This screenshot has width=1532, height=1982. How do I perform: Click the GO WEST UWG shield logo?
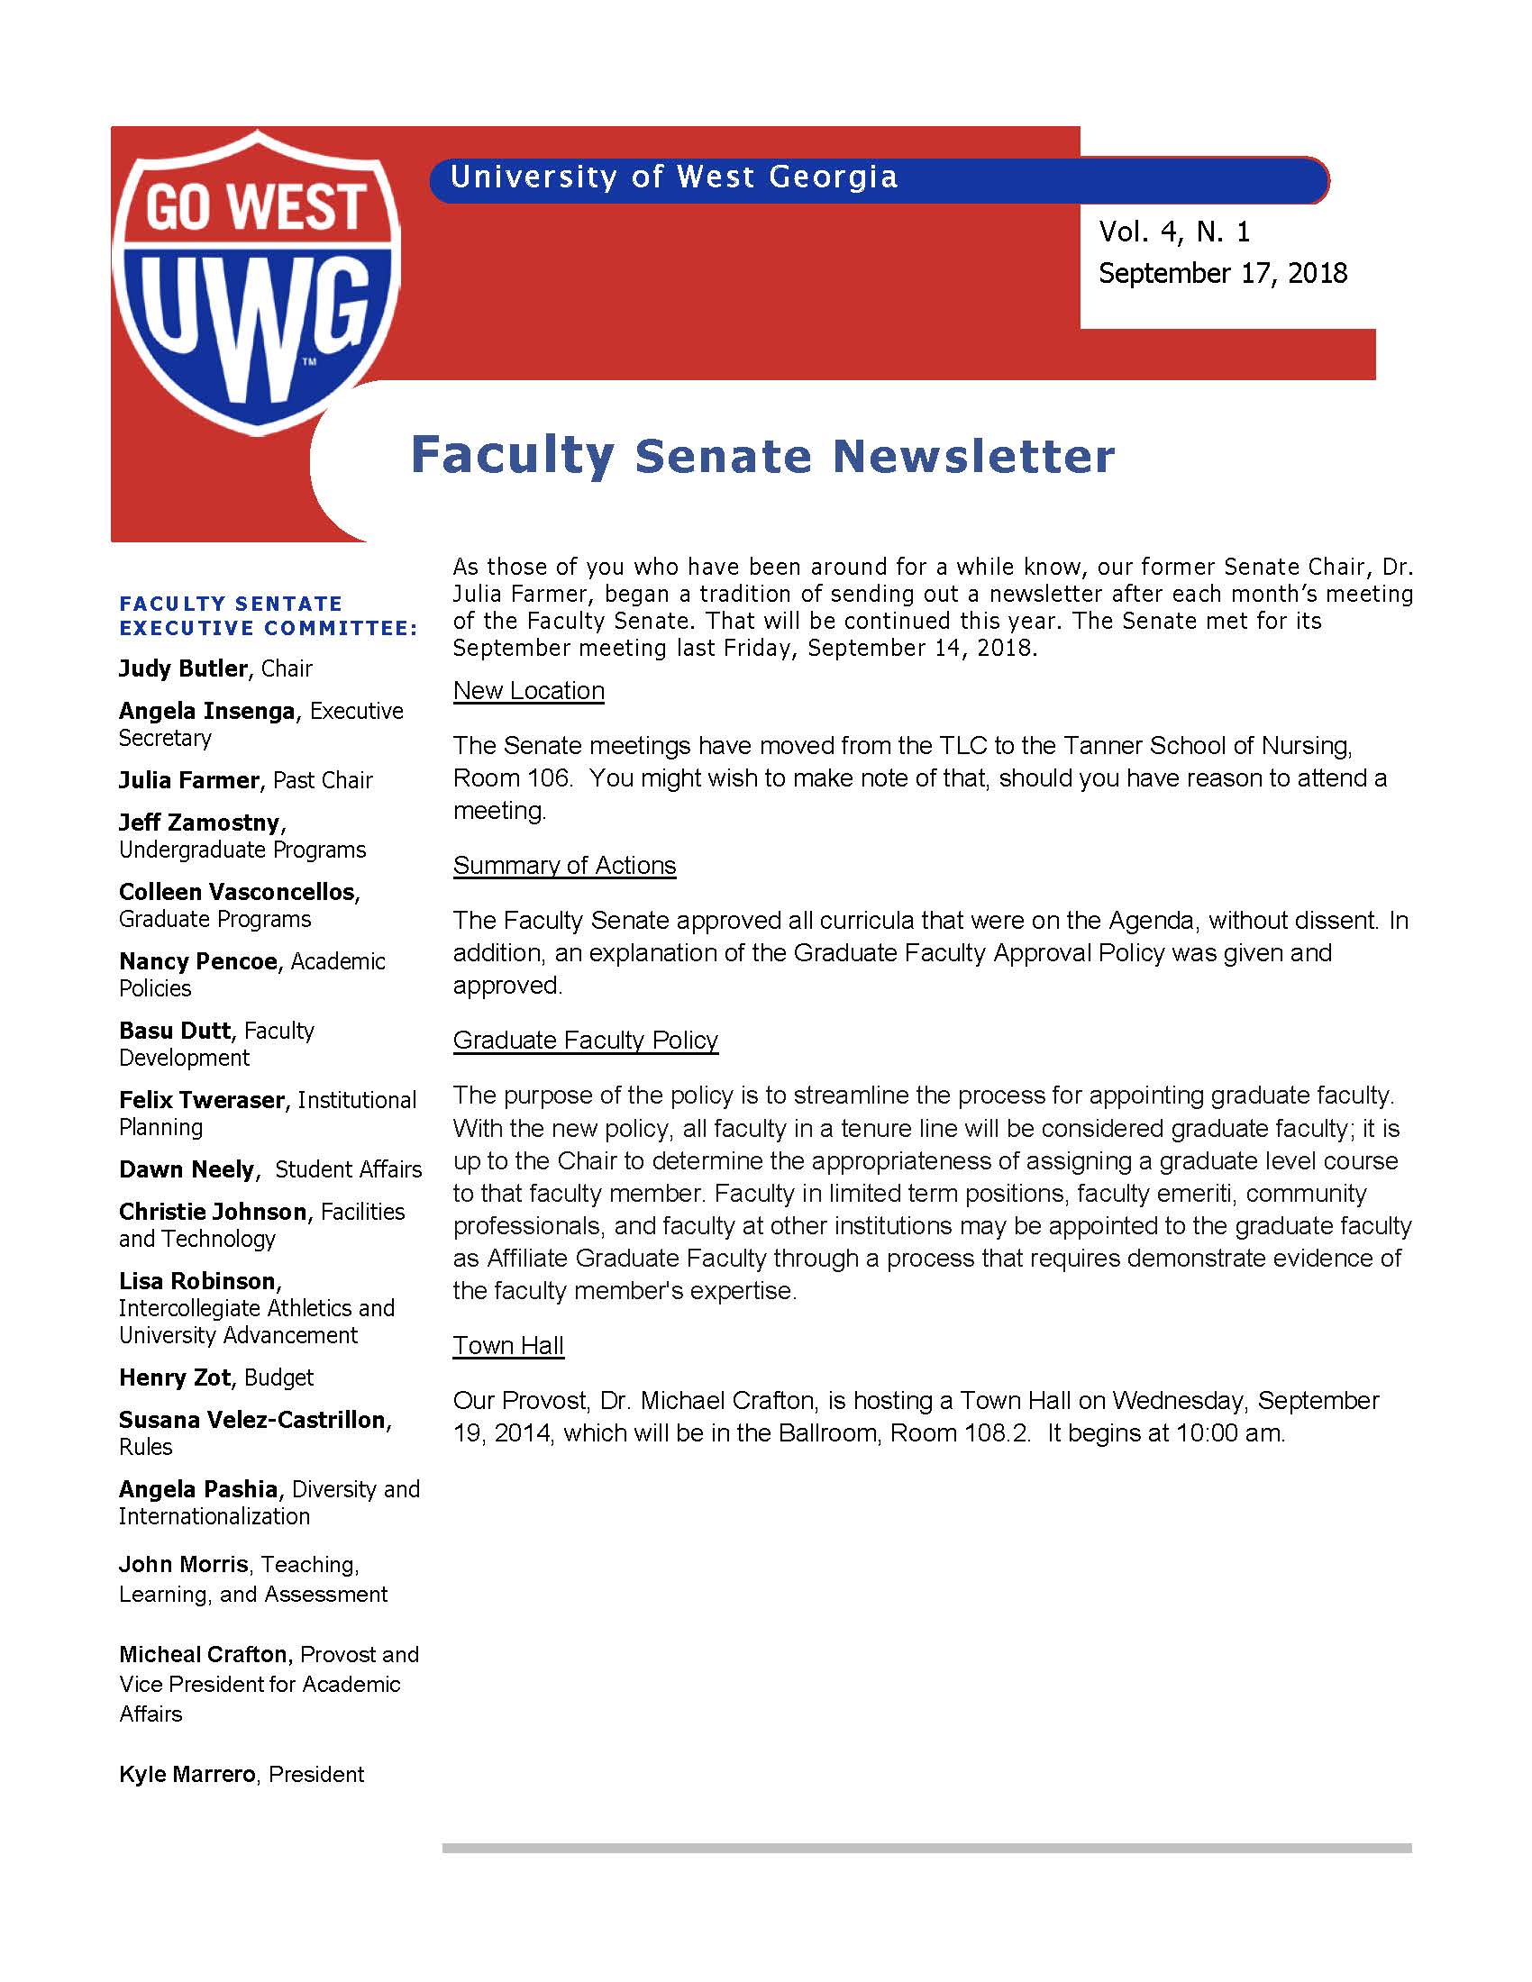[256, 281]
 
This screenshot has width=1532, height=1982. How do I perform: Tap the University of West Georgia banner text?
[673, 177]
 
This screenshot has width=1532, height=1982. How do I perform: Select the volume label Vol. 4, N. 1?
[1174, 232]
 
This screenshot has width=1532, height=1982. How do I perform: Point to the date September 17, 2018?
[1223, 273]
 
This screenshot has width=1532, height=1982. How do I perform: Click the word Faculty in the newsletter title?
[512, 456]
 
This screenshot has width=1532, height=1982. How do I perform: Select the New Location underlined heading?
[528, 691]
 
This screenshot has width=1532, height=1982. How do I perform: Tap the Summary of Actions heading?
[564, 866]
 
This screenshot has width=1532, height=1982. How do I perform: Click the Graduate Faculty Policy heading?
[586, 1040]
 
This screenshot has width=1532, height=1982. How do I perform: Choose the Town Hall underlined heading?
[508, 1346]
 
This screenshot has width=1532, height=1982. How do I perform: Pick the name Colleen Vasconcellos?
[237, 892]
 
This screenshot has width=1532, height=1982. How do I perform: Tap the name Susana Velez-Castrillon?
[252, 1420]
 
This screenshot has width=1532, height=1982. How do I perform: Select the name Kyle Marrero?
[187, 1774]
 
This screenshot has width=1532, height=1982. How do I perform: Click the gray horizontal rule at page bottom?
[926, 1848]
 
